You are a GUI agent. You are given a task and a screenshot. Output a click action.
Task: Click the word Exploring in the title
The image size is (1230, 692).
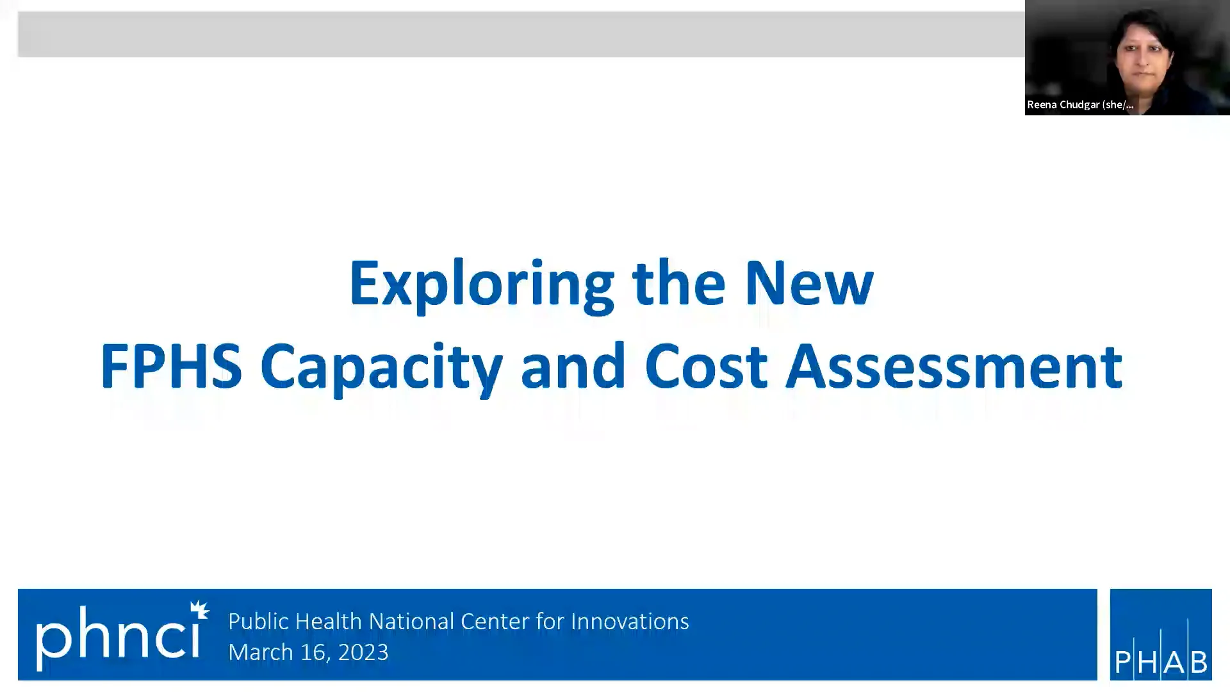tap(481, 284)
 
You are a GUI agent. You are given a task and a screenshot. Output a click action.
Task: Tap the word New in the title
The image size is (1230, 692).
tap(808, 284)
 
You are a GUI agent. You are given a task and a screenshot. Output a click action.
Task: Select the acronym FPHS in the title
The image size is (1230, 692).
tap(171, 367)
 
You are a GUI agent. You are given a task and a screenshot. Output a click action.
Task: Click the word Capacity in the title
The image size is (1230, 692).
tap(381, 367)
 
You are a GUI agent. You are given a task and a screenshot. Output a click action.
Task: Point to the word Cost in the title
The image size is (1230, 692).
tap(706, 367)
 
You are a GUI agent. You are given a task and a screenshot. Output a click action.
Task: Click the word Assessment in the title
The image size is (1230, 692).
tap(954, 367)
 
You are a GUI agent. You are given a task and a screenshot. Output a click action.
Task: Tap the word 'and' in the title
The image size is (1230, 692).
tap(573, 367)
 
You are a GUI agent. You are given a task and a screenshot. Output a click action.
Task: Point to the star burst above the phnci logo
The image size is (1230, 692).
tap(200, 609)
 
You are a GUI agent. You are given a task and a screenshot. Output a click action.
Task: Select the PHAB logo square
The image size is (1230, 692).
tap(1160, 634)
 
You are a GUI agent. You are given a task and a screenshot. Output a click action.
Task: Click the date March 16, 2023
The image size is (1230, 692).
tap(308, 652)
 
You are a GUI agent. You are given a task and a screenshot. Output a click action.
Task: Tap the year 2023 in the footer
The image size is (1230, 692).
tap(363, 652)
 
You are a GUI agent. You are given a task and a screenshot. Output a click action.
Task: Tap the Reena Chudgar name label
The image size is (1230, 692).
tap(1080, 104)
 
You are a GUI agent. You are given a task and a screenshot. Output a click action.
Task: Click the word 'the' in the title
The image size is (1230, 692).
tap(678, 284)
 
